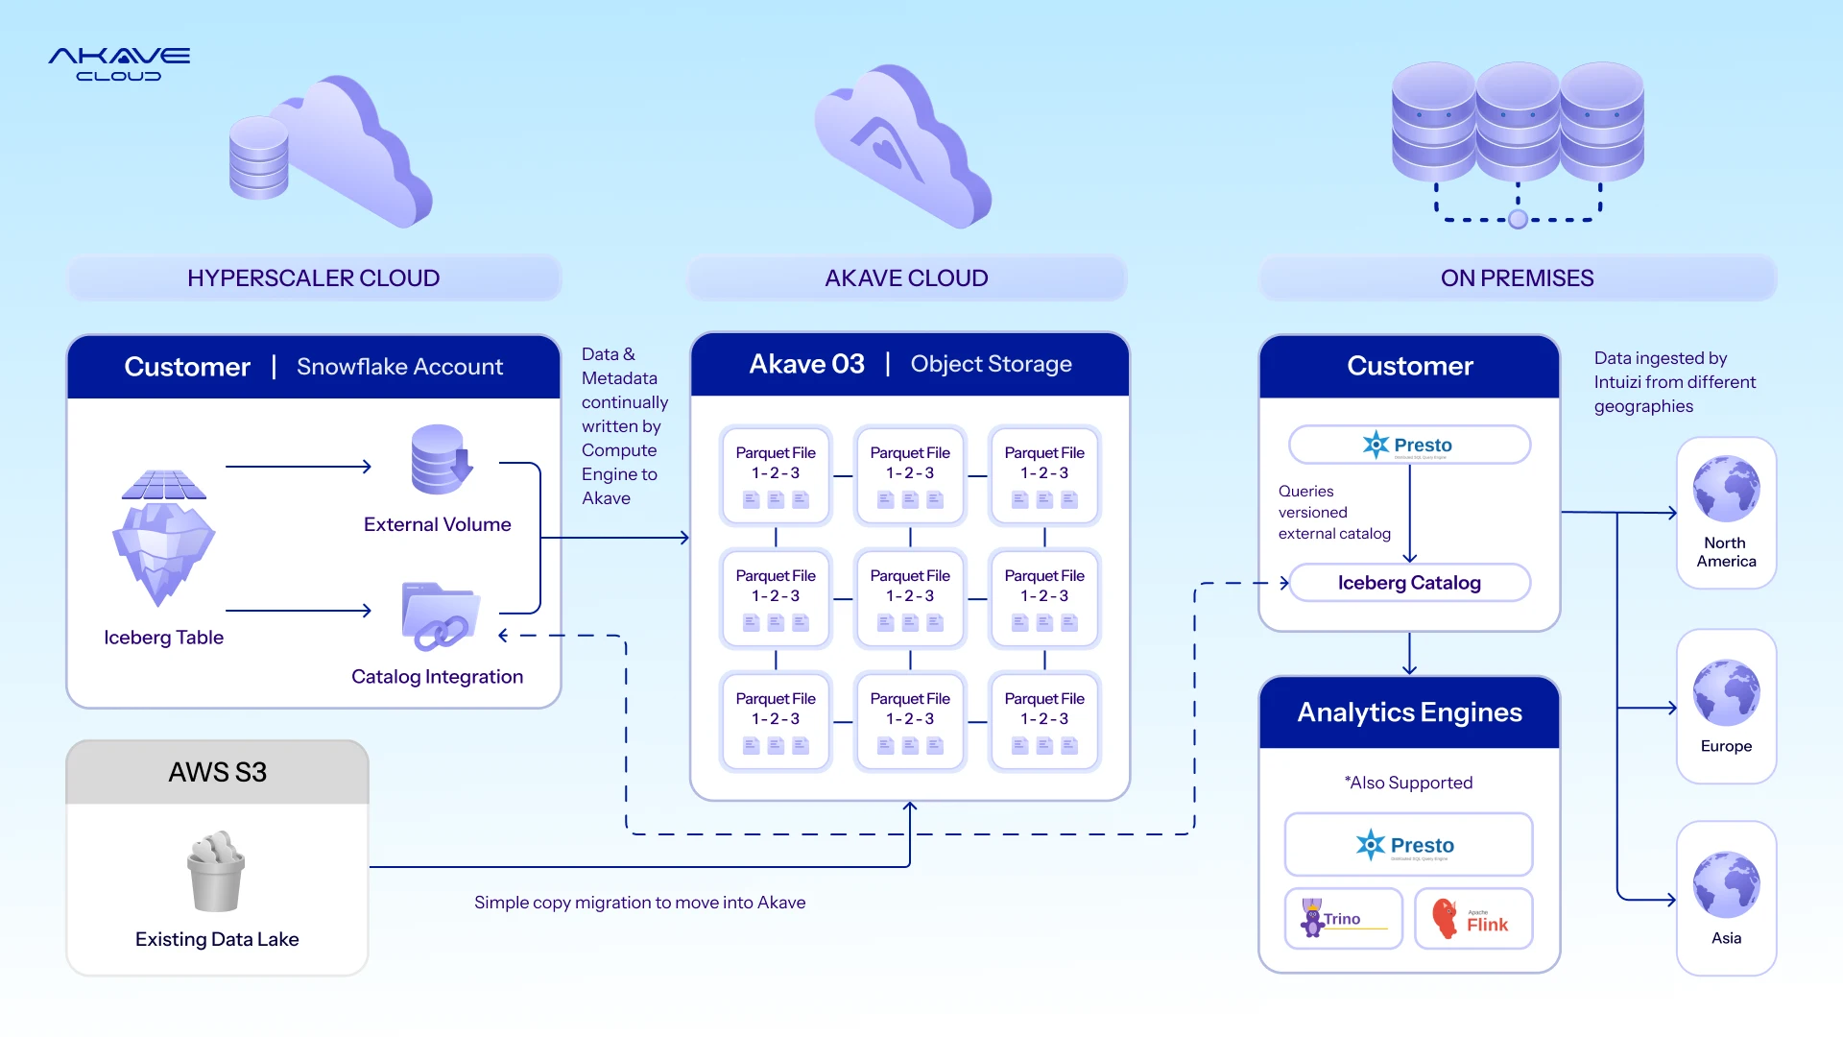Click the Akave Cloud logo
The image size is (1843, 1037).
[x=119, y=64]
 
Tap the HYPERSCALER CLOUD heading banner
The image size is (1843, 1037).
[x=314, y=278]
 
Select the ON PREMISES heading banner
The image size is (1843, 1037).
[x=1517, y=278]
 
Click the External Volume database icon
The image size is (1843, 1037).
[x=441, y=460]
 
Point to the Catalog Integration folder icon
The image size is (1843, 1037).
[x=440, y=616]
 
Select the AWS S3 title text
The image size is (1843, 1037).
[x=218, y=772]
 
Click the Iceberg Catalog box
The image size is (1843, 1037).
[x=1409, y=583]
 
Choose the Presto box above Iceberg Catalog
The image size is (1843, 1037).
[x=1409, y=446]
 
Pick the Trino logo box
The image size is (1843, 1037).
[x=1343, y=919]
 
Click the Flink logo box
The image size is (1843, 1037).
[x=1473, y=919]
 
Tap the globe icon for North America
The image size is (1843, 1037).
[x=1726, y=489]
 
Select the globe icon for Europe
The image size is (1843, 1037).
[x=1726, y=692]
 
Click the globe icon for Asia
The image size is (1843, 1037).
[x=1726, y=884]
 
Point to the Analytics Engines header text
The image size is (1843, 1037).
[x=1409, y=712]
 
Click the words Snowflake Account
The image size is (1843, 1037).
[x=399, y=367]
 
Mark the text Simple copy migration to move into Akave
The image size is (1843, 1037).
[x=639, y=903]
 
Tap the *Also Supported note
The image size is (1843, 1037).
[x=1409, y=784]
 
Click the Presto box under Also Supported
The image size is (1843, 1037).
[x=1408, y=845]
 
